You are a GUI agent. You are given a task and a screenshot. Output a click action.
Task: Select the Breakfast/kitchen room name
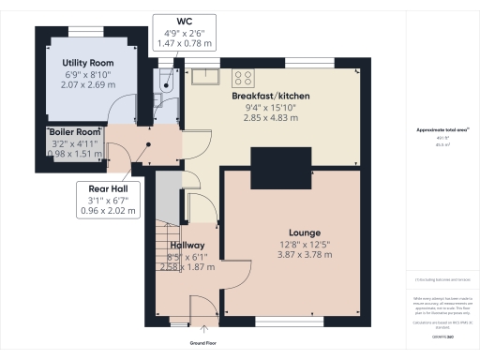[x=271, y=96]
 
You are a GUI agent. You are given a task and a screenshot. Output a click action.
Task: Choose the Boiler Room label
[x=75, y=132]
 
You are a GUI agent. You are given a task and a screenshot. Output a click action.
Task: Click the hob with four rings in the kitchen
[x=244, y=78]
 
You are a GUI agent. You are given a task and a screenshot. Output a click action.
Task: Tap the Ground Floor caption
[x=203, y=343]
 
